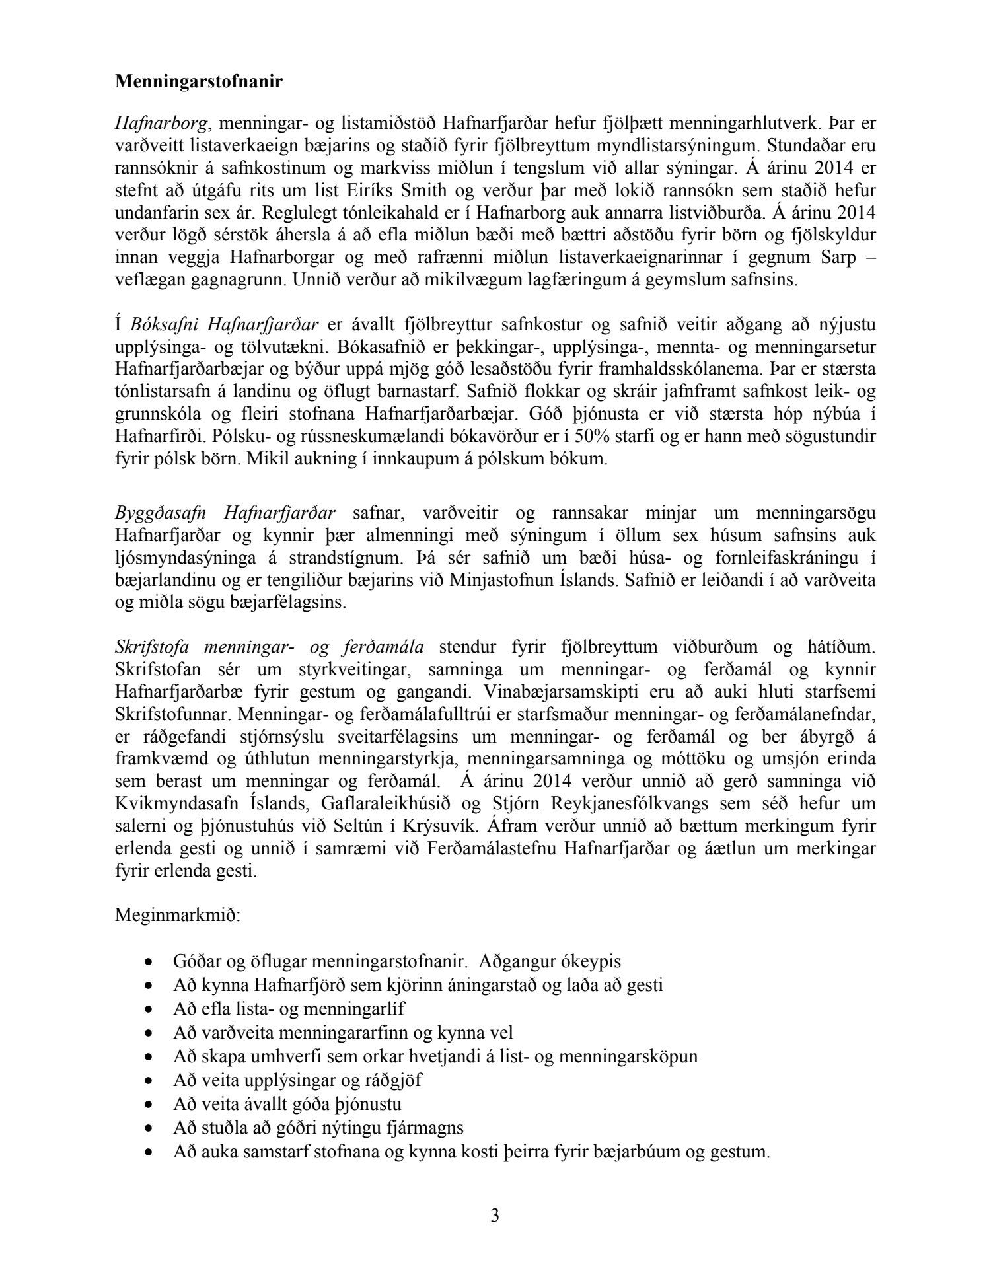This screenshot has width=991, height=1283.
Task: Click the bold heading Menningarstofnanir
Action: point(199,81)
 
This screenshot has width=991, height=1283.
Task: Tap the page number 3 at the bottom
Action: point(495,1216)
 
